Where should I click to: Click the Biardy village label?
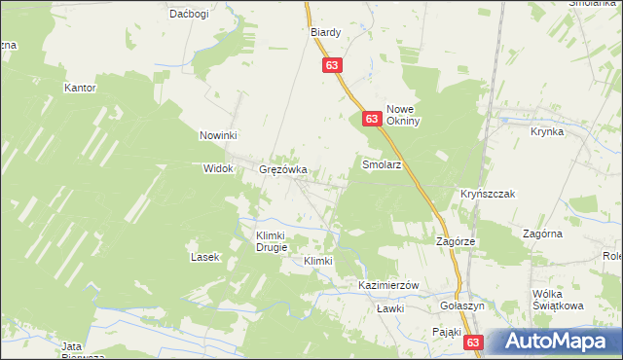(325, 32)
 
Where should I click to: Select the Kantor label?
(80, 88)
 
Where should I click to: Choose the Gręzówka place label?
(283, 168)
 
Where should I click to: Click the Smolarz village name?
(382, 165)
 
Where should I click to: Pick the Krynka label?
(547, 131)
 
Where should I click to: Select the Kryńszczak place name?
(488, 195)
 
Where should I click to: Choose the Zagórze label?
(455, 240)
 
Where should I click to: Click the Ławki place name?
(389, 308)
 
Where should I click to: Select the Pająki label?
(448, 332)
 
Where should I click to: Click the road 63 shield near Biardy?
(333, 65)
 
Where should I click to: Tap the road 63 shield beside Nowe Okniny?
(371, 118)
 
